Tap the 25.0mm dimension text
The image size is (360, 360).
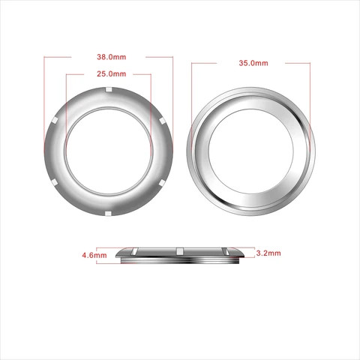click(x=111, y=75)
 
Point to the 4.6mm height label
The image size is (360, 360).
click(x=93, y=256)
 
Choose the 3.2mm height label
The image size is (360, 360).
click(x=268, y=253)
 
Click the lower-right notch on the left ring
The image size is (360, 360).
click(x=163, y=184)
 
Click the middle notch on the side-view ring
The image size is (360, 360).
click(x=180, y=249)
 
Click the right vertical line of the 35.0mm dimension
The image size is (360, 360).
click(x=310, y=97)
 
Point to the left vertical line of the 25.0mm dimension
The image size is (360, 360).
click(x=66, y=105)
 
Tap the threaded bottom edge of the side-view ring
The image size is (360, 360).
click(x=180, y=259)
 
